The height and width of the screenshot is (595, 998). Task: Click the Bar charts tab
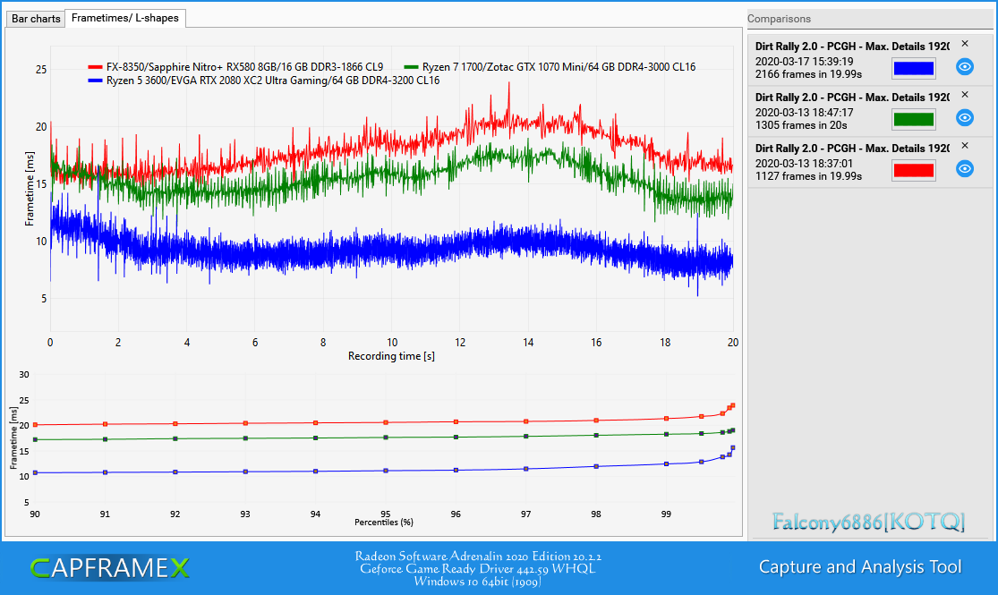(x=36, y=19)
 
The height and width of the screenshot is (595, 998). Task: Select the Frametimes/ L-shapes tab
(x=125, y=18)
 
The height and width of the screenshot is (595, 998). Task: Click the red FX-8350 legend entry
(x=235, y=67)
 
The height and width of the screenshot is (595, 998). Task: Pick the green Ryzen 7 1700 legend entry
(x=550, y=67)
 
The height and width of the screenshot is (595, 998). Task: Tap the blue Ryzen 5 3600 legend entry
(x=263, y=81)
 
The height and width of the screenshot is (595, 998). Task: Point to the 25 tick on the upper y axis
(x=41, y=70)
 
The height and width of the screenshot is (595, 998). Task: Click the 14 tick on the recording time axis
(x=528, y=343)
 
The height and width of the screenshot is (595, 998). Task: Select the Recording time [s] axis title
(x=391, y=356)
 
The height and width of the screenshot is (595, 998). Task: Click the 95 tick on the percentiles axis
(x=385, y=514)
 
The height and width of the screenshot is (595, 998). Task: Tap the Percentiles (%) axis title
(x=384, y=523)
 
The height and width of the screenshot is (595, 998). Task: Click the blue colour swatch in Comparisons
(x=913, y=67)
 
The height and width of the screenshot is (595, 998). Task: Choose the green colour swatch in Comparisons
(x=913, y=119)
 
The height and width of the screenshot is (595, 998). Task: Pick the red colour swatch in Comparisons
(x=913, y=170)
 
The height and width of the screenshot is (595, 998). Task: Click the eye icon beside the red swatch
(x=965, y=168)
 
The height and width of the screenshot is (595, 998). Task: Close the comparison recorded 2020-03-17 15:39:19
(x=965, y=44)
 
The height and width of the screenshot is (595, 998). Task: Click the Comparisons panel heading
(x=779, y=19)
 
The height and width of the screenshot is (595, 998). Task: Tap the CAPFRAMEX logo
(x=109, y=567)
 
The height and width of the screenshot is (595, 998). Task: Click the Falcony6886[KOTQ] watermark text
(x=869, y=522)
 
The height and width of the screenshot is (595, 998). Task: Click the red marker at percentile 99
(x=667, y=419)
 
